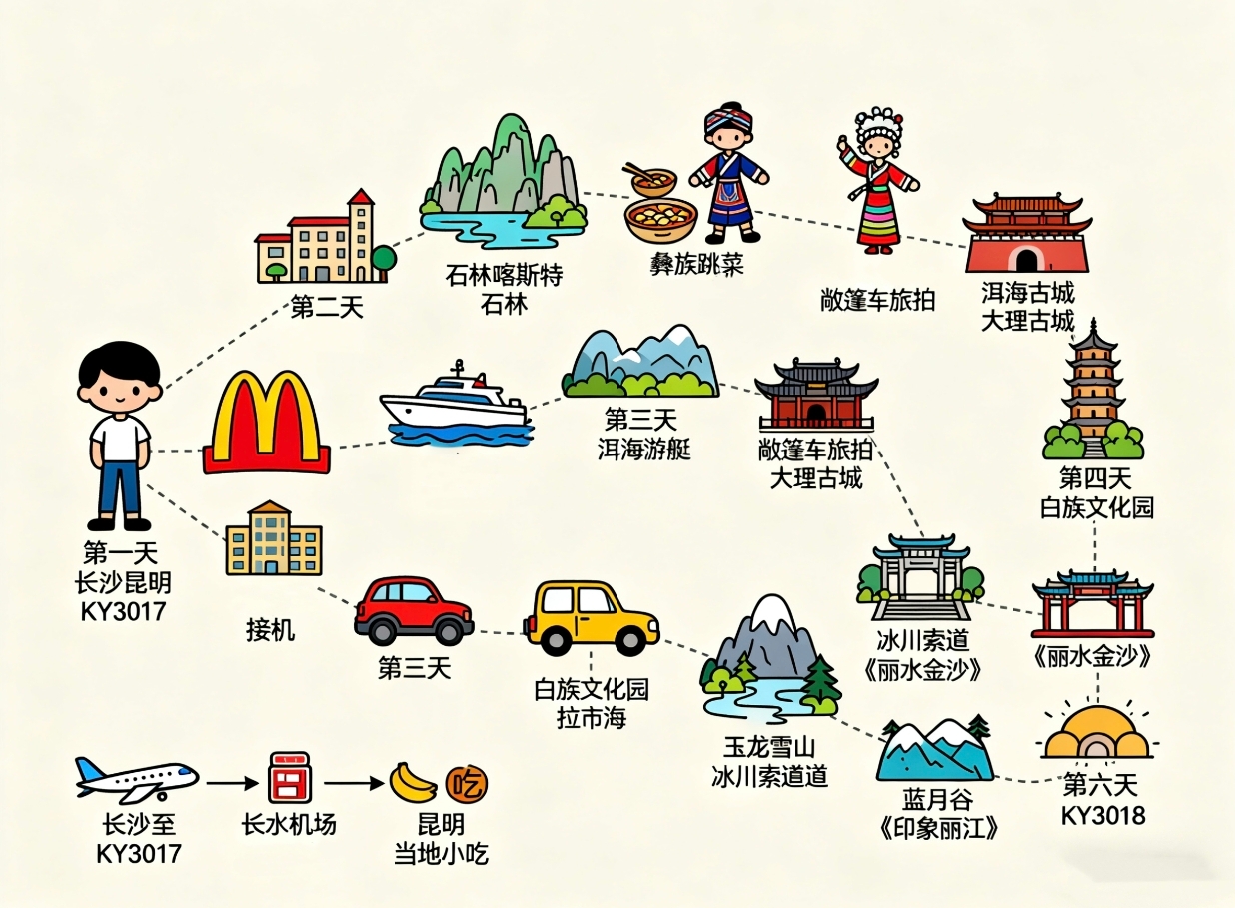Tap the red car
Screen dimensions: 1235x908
pyautogui.click(x=414, y=611)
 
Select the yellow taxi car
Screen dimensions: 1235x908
pyautogui.click(x=592, y=617)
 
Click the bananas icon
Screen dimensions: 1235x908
pyautogui.click(x=413, y=782)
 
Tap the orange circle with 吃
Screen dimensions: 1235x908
pyautogui.click(x=467, y=783)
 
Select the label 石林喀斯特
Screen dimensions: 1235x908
pyautogui.click(x=504, y=275)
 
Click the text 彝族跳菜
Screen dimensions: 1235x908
pyautogui.click(x=696, y=264)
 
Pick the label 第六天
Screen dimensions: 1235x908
pyautogui.click(x=1100, y=784)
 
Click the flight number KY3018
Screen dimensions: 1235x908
pyautogui.click(x=1103, y=815)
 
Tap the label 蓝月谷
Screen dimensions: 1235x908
pyautogui.click(x=938, y=799)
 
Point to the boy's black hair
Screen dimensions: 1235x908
pyautogui.click(x=119, y=363)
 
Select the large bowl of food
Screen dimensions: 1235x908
pyautogui.click(x=661, y=219)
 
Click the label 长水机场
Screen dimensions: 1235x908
pyautogui.click(x=289, y=825)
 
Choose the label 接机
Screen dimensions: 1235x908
pyautogui.click(x=270, y=630)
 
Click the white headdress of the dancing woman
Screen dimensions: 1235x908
pyautogui.click(x=879, y=125)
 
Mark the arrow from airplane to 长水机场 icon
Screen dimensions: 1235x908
pyautogui.click(x=232, y=783)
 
